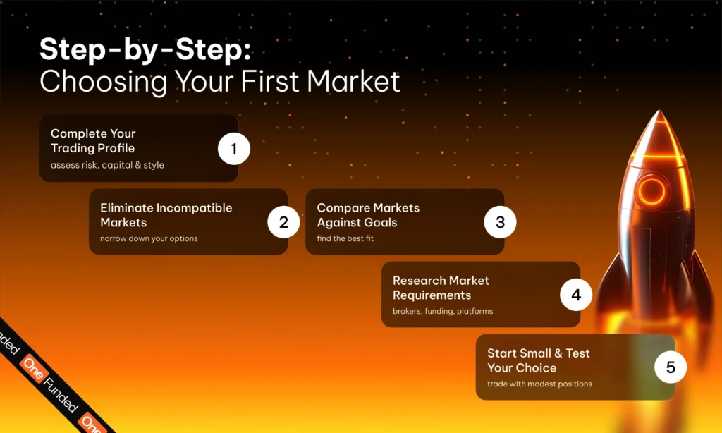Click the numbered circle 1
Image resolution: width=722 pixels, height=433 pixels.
[x=234, y=149]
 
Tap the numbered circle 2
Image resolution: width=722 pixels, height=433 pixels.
[x=283, y=222]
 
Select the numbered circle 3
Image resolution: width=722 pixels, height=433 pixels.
[x=500, y=222]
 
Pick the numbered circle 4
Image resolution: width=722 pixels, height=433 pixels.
[x=576, y=295]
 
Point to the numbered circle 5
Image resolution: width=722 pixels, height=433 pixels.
[x=671, y=367]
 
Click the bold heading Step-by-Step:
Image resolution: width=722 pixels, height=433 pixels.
[x=145, y=49]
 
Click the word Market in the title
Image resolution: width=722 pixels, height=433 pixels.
[x=353, y=81]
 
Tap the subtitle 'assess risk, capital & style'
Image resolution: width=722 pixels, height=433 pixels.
[x=107, y=165]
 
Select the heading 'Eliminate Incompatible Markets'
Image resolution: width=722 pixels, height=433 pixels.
[x=166, y=215]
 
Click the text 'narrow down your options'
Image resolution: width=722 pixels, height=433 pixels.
[x=149, y=238]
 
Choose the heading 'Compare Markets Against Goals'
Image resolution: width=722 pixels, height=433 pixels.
[x=368, y=215]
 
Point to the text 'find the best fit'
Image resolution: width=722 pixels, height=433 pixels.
[x=345, y=238]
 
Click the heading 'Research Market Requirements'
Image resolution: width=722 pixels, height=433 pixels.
[x=441, y=288]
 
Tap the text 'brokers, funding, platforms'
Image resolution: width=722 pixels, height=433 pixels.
[x=443, y=312]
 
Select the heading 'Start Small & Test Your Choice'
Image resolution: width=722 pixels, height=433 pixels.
[x=538, y=360]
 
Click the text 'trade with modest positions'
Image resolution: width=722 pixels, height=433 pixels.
[x=539, y=384]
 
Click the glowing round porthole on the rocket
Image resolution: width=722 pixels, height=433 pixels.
[x=651, y=190]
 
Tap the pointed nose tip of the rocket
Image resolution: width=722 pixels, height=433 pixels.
[x=659, y=111]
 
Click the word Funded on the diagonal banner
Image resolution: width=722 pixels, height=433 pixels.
[x=61, y=394]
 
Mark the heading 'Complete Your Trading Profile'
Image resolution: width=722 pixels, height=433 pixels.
[x=93, y=140]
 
